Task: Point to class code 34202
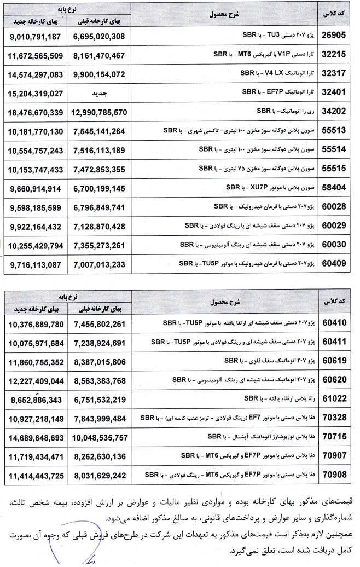coord(333,112)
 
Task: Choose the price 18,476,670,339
coord(36,112)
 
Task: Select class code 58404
coord(333,188)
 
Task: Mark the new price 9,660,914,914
coord(36,188)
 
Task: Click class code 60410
coord(333,322)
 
